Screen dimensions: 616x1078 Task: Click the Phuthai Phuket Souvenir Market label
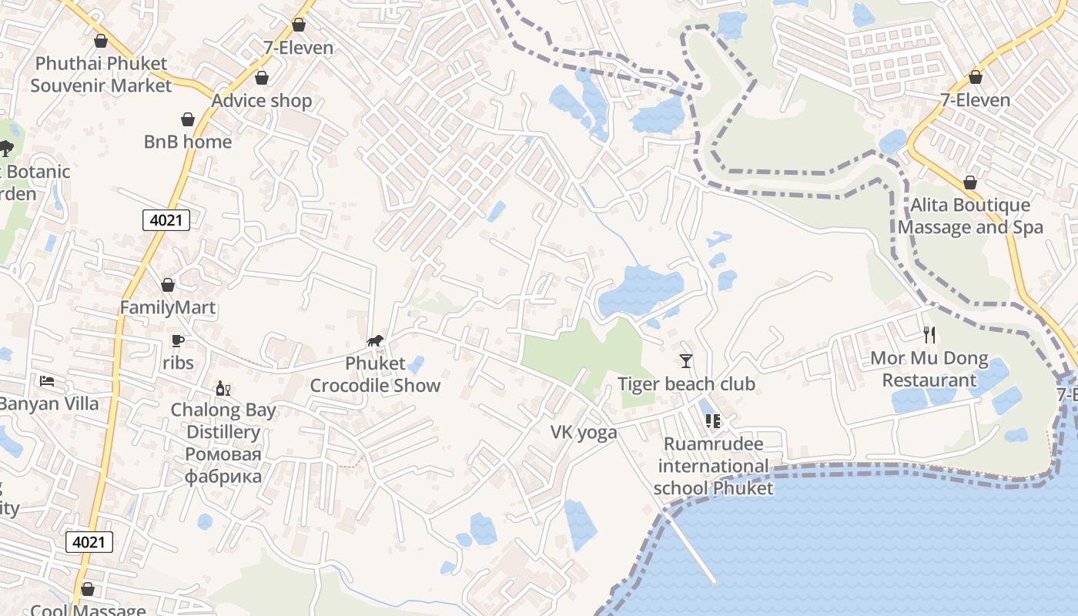[x=101, y=74]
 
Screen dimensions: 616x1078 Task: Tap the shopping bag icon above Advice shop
[x=262, y=78]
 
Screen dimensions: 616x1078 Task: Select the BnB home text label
[x=188, y=142]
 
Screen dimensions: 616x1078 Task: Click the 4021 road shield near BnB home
[x=166, y=220]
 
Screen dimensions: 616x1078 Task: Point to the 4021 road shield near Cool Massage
[x=89, y=542]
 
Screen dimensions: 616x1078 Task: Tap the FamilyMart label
[x=168, y=307]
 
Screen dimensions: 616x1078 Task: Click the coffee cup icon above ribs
[x=178, y=340]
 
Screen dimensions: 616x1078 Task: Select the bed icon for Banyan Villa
[x=47, y=381]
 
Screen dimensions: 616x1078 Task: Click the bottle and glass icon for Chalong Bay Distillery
[x=223, y=388]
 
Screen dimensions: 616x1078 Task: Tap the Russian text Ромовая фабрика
[x=223, y=465]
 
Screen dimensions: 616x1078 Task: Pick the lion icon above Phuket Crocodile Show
[x=375, y=341]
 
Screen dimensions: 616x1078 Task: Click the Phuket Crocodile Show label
[x=375, y=374]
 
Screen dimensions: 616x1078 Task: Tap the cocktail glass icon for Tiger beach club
[x=686, y=361]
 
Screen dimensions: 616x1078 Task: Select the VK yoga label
[x=584, y=432]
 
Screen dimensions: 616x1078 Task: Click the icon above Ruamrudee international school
[x=713, y=421]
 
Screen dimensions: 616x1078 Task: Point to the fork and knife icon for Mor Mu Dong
[x=929, y=335]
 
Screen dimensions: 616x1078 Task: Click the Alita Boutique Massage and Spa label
[x=970, y=216]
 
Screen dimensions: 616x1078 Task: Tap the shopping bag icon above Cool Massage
[x=88, y=589]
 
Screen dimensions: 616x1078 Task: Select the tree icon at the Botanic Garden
[x=6, y=148]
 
